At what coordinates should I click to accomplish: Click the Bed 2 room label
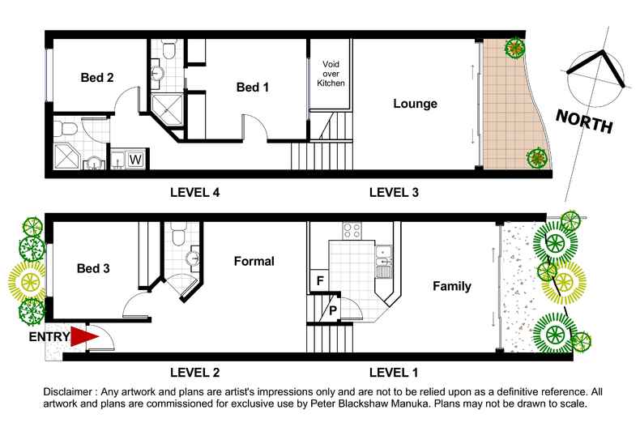pyautogui.click(x=96, y=78)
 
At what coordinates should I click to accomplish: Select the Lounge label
pyautogui.click(x=415, y=104)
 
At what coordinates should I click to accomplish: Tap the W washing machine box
pyautogui.click(x=134, y=159)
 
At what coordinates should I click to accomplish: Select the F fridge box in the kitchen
pyautogui.click(x=318, y=281)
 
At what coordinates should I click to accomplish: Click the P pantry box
pyautogui.click(x=331, y=309)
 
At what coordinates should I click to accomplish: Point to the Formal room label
pyautogui.click(x=254, y=261)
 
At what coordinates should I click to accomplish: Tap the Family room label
pyautogui.click(x=451, y=286)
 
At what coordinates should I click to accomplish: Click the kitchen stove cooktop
pyautogui.click(x=352, y=230)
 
